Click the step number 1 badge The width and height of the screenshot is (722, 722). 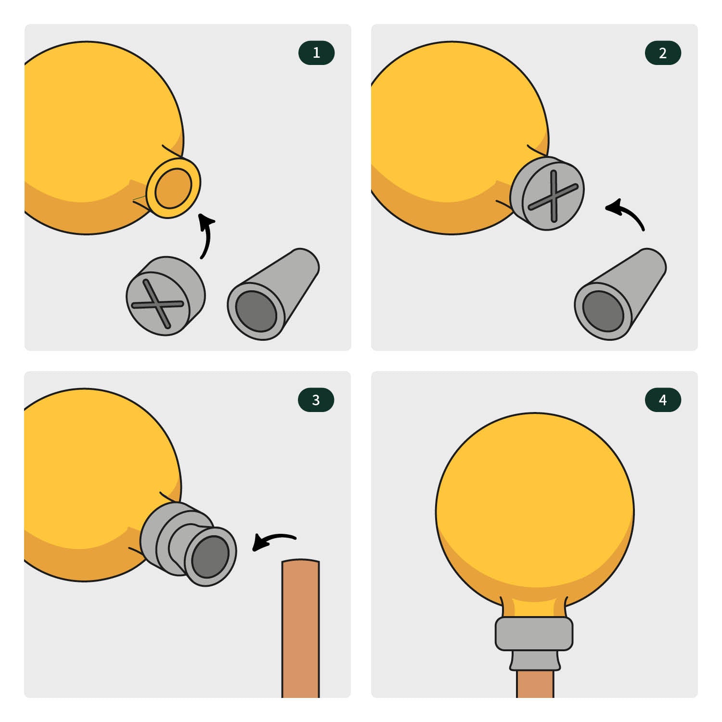click(316, 53)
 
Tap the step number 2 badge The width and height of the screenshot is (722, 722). click(663, 53)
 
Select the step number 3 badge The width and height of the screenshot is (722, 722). click(316, 400)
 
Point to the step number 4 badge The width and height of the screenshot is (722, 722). click(663, 400)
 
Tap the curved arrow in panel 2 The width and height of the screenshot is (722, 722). click(628, 212)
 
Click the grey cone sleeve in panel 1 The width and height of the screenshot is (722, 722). click(273, 294)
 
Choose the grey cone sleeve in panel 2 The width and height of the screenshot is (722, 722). click(620, 294)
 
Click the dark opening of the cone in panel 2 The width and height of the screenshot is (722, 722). click(603, 311)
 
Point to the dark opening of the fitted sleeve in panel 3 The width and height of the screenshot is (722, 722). click(210, 556)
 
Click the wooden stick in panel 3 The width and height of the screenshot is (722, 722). click(300, 628)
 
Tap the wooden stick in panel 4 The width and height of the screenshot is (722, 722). click(535, 683)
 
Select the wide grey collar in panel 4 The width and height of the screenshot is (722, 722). click(534, 633)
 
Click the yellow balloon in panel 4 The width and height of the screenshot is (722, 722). click(535, 510)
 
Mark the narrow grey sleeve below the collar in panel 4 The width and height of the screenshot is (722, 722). click(535, 660)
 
